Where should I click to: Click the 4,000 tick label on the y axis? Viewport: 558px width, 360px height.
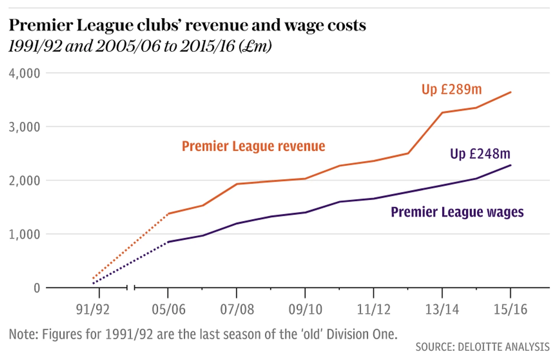click(x=24, y=73)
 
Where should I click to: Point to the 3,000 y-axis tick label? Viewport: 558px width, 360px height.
click(x=24, y=127)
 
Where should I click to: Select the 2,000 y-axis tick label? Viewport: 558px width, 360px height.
click(x=24, y=180)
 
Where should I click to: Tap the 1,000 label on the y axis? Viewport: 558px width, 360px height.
click(x=24, y=234)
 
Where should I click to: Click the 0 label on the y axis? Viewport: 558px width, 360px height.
click(x=37, y=288)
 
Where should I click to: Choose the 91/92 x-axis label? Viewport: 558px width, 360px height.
click(x=92, y=309)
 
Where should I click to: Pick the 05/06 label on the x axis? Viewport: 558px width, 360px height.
click(x=168, y=309)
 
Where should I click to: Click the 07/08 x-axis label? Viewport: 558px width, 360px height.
click(x=237, y=309)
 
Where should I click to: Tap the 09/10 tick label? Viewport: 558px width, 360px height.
click(x=305, y=309)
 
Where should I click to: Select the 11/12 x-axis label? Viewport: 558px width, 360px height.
click(x=374, y=309)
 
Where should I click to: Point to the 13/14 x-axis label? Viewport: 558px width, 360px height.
click(x=442, y=309)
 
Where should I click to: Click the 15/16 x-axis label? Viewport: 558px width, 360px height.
click(x=511, y=309)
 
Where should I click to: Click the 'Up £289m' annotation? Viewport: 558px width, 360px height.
click(x=451, y=89)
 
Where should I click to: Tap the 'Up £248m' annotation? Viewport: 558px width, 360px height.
click(x=480, y=154)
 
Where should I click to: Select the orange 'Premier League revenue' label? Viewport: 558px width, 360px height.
click(x=253, y=146)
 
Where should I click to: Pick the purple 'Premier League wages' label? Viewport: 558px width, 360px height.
click(x=457, y=212)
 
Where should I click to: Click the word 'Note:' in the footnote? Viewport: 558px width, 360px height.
click(x=23, y=334)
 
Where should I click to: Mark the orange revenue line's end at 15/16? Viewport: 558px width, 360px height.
click(x=511, y=92)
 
